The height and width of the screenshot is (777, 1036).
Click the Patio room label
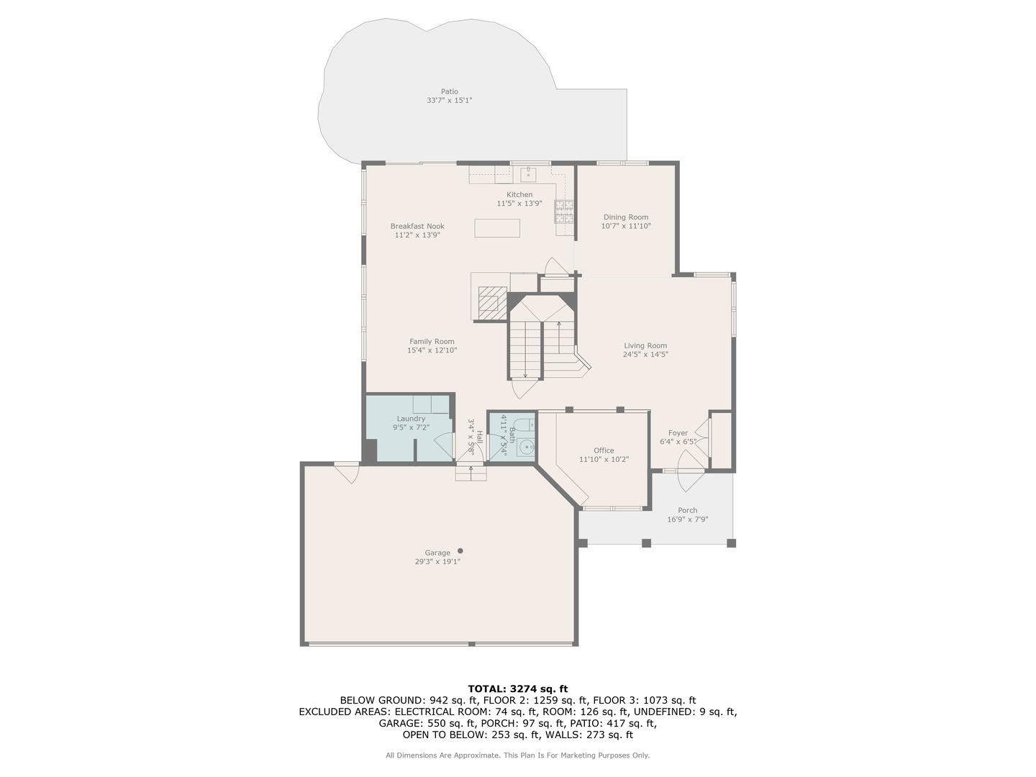tap(449, 91)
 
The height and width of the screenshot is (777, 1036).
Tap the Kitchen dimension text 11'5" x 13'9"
tap(519, 204)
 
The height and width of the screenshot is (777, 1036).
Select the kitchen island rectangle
tap(497, 228)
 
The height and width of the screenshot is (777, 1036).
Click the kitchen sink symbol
tap(529, 173)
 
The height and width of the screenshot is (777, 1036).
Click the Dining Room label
tap(625, 217)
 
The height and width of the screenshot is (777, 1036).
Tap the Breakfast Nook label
tap(417, 226)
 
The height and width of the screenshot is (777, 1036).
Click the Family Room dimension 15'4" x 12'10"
tap(432, 350)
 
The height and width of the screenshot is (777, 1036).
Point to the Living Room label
tap(645, 345)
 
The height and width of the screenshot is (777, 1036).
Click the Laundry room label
tap(411, 418)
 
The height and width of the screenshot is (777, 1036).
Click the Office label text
tap(604, 450)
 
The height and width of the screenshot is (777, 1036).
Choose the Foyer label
tap(678, 433)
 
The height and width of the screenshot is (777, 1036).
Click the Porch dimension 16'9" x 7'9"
tap(687, 519)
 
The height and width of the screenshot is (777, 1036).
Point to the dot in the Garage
tap(460, 550)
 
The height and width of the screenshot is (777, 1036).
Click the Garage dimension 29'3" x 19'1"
tap(437, 562)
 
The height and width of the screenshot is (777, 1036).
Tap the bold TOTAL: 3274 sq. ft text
tap(517, 689)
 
